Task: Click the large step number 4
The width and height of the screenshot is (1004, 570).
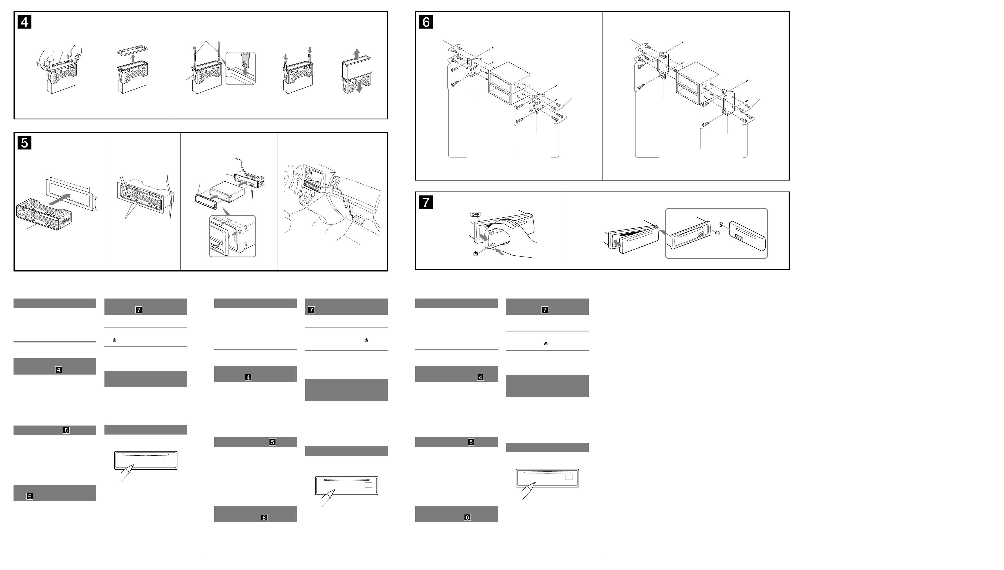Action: click(24, 22)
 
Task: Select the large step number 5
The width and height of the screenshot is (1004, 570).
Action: click(24, 143)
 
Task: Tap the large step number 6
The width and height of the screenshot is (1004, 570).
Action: click(426, 22)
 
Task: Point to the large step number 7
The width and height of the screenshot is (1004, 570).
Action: click(426, 202)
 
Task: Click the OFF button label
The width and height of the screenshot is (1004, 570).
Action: click(475, 215)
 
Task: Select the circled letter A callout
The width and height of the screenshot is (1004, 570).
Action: click(721, 224)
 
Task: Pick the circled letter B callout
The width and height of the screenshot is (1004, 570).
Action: click(717, 233)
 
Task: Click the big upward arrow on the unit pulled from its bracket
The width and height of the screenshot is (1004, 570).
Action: click(356, 54)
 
